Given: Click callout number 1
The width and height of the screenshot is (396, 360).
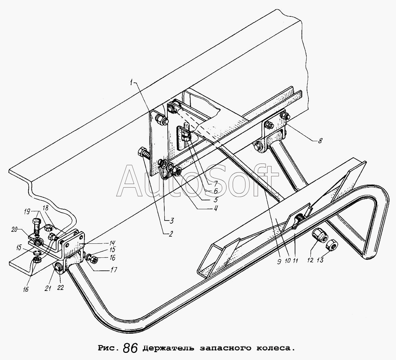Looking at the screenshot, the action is click(132, 82).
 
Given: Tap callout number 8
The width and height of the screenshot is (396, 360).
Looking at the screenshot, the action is click(320, 141).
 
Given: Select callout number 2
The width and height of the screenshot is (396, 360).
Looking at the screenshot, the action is click(171, 234).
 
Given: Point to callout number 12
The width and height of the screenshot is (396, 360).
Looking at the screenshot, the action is click(310, 260).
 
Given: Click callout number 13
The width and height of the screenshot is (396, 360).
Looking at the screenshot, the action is click(320, 259).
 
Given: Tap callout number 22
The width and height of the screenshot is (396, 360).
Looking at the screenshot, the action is click(60, 288).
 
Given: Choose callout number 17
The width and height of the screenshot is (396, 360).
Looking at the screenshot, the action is click(114, 270).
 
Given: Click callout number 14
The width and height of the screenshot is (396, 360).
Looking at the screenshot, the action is click(112, 243).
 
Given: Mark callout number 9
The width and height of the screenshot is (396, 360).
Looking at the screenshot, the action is click(279, 262).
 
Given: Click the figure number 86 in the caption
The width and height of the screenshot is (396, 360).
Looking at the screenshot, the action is click(130, 348).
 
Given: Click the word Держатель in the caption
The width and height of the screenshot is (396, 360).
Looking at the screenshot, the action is click(169, 348).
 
